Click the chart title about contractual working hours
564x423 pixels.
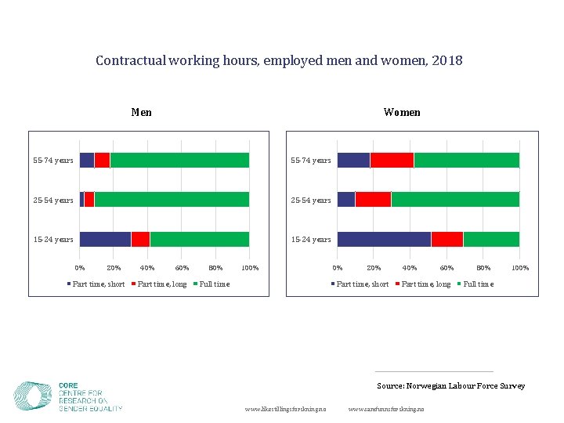coord(279,60)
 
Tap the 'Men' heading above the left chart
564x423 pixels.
coord(142,112)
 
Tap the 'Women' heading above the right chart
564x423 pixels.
coord(402,112)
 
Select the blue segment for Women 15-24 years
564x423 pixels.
coord(384,239)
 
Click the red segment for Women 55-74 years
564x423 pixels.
coord(392,160)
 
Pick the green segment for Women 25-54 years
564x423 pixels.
coord(454,199)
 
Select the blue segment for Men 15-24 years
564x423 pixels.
coord(105,239)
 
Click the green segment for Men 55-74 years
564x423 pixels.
coord(179,160)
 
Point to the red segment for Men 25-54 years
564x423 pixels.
coord(89,199)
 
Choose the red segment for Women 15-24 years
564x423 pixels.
coord(446,239)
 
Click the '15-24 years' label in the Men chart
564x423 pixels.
coord(53,240)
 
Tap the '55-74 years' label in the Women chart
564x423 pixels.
coord(311,161)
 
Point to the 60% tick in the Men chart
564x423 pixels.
coord(182,268)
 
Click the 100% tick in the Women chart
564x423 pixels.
coord(519,268)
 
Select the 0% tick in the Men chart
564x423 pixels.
coord(80,268)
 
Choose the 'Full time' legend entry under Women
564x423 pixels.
coord(478,284)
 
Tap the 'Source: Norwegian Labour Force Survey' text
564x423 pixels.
coord(450,385)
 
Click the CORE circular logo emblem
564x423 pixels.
coord(33,396)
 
